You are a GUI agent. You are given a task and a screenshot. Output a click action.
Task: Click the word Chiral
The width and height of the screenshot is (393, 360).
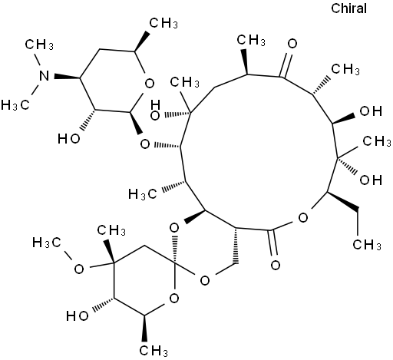coord(348,8)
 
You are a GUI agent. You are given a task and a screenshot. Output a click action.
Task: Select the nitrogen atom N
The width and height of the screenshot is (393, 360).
coord(45,76)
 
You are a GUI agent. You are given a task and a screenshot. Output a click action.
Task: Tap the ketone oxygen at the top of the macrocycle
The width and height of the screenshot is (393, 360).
coord(292,44)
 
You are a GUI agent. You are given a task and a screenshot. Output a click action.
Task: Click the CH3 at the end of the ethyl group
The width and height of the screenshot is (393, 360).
coord(367,244)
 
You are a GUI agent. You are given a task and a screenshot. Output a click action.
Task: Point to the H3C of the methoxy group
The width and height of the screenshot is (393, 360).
coord(47,243)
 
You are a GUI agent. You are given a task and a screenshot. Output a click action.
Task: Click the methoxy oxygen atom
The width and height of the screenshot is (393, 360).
coord(79,269)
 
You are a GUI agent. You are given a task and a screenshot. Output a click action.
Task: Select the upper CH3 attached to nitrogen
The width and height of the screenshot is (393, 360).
coord(39,45)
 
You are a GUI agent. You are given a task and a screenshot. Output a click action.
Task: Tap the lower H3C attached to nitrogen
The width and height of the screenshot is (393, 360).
coord(15,105)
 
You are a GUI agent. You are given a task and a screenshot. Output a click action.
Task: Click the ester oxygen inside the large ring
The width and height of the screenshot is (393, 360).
coord(303,218)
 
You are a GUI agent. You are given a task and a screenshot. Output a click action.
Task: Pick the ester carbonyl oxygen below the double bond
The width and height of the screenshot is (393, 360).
coord(276,265)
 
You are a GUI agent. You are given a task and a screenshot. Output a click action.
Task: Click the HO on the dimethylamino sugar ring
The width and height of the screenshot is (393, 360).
coord(69,139)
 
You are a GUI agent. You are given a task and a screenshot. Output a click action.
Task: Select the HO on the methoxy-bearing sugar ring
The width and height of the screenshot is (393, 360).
coord(78,316)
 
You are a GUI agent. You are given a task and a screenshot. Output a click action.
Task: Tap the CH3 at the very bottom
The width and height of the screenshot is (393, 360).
coord(154,351)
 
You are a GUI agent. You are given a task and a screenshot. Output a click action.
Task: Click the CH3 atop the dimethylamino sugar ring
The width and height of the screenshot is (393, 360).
coord(163,23)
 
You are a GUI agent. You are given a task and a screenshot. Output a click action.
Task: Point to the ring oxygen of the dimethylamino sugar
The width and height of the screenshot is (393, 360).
coord(150,84)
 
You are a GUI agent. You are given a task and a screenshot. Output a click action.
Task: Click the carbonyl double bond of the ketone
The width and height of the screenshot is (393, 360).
coord(286,64)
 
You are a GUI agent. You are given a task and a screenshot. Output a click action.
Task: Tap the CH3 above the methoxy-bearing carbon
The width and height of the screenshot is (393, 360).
coord(111,230)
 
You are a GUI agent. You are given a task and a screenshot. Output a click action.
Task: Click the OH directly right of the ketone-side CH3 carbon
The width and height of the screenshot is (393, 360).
coord(371,111)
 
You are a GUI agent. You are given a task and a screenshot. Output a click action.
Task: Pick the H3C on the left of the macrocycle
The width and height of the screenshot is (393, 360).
coord(142,194)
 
